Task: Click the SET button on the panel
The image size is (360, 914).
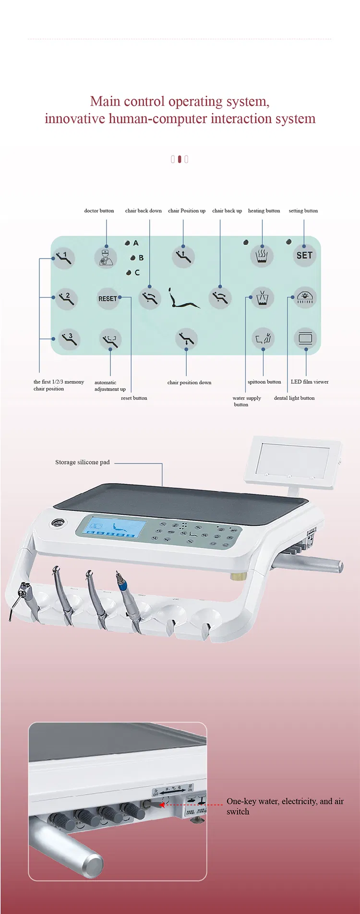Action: tap(304, 256)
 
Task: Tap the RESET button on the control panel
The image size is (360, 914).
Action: tap(108, 298)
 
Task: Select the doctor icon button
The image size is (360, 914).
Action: tap(106, 257)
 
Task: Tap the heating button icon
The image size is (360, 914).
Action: tap(262, 256)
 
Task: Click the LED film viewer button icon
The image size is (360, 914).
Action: tap(305, 339)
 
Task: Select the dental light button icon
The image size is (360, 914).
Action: tap(305, 297)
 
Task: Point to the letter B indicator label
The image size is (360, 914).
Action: tap(141, 258)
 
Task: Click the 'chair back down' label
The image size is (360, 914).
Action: tap(143, 211)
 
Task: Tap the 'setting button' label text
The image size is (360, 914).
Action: tap(303, 211)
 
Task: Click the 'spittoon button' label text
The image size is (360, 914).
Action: tap(264, 382)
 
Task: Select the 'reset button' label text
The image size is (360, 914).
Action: tap(134, 398)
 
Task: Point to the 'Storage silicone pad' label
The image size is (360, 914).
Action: tap(82, 463)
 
